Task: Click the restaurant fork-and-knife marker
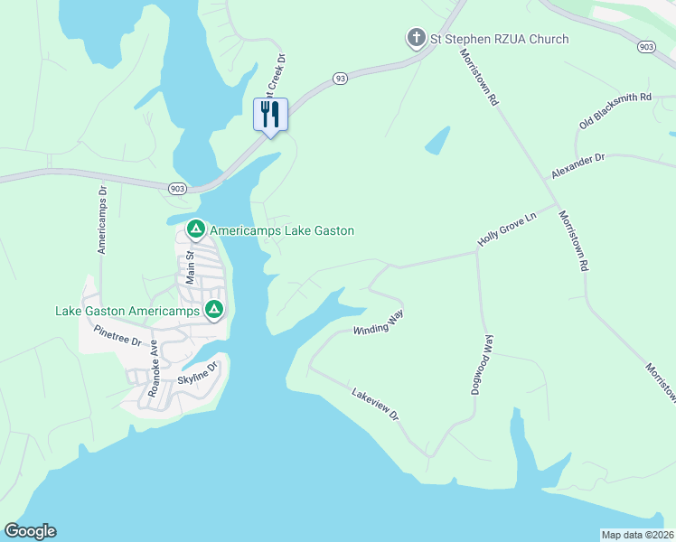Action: [269, 115]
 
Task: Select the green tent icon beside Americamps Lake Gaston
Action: [195, 230]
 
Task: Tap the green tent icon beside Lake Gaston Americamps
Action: [214, 311]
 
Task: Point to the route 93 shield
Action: [339, 79]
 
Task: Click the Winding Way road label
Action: [378, 322]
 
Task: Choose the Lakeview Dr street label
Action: [375, 402]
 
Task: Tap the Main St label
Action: [191, 267]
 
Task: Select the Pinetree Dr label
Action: [117, 338]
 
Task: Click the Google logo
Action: [30, 531]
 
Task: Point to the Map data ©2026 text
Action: [637, 535]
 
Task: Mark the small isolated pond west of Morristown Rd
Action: [437, 139]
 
